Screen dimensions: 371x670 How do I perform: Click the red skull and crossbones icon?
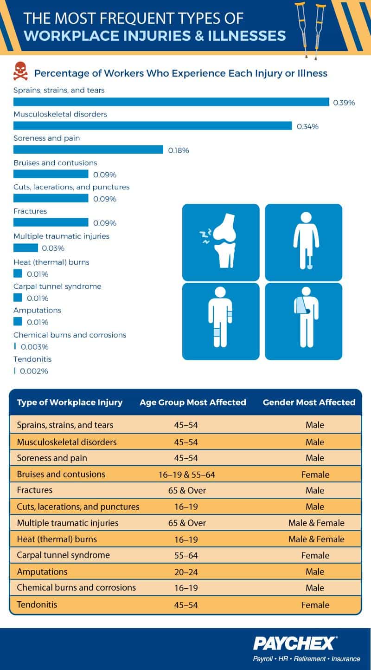20,71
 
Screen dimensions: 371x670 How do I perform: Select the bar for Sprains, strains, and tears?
171,102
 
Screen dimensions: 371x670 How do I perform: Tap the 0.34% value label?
307,126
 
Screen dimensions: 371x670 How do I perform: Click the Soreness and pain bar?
88,150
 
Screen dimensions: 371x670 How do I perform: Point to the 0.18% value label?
179,150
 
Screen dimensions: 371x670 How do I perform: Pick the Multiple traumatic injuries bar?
26,247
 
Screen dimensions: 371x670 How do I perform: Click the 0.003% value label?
34,347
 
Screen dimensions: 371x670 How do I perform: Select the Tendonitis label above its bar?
32,359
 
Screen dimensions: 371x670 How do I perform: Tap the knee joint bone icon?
221,242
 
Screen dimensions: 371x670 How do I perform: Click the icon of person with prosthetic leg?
303,242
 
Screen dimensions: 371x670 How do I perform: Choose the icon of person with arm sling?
303,322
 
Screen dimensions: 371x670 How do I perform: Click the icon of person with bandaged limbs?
221,322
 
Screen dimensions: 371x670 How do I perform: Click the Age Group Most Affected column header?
192,402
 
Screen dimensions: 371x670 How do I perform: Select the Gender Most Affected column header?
309,402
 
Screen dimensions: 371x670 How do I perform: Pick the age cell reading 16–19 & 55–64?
187,475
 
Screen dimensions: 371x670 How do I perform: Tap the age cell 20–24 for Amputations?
186,572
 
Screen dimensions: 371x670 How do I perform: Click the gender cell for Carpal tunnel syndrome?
315,555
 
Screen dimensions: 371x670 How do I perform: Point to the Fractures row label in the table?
35,490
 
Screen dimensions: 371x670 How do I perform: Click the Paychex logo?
294,644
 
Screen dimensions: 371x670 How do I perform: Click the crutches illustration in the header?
311,30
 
